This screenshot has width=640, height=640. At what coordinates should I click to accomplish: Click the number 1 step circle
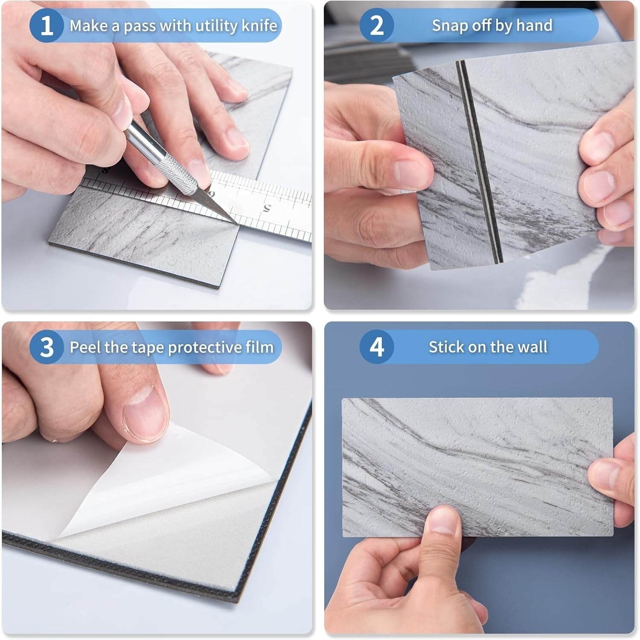click(x=47, y=26)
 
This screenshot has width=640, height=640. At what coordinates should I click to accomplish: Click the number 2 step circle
click(x=376, y=26)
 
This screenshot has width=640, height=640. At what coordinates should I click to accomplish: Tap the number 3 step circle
click(x=47, y=347)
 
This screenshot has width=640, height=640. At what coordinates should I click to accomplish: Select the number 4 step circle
click(x=376, y=347)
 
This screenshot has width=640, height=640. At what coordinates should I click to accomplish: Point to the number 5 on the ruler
click(x=267, y=209)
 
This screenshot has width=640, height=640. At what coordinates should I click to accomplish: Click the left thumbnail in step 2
click(x=410, y=173)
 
